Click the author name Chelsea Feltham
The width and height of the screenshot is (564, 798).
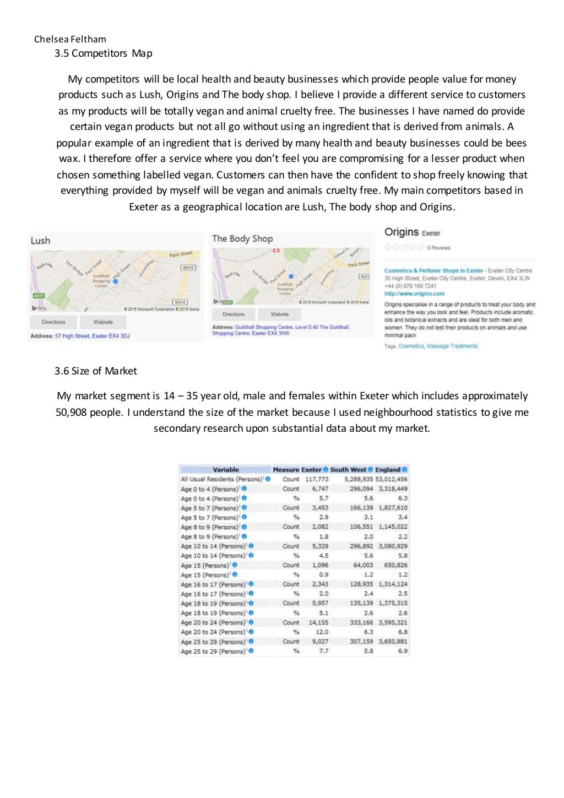pyautogui.click(x=70, y=39)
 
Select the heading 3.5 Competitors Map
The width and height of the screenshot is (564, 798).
pyautogui.click(x=103, y=53)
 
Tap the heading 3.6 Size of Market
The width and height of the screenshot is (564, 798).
pyautogui.click(x=95, y=371)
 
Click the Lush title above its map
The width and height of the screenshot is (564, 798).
pyautogui.click(x=40, y=241)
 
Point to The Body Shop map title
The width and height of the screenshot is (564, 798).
pyautogui.click(x=242, y=238)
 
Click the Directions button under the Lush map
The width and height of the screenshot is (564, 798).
pyautogui.click(x=53, y=322)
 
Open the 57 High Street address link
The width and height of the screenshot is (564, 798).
pyautogui.click(x=92, y=336)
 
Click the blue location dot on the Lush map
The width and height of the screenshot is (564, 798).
pyautogui.click(x=116, y=281)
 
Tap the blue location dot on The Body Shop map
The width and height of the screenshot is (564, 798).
pyautogui.click(x=291, y=276)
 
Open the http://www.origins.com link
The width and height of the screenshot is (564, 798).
pyautogui.click(x=414, y=294)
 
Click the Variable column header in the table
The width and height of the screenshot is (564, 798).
pyautogui.click(x=226, y=470)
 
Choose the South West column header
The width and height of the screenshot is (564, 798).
pyautogui.click(x=348, y=470)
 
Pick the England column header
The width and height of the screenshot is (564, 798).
pyautogui.click(x=388, y=470)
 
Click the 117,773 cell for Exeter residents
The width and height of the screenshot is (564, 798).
pyautogui.click(x=317, y=479)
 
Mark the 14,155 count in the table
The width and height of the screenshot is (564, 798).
pyautogui.click(x=318, y=623)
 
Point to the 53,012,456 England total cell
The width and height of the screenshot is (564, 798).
pyautogui.click(x=392, y=479)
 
